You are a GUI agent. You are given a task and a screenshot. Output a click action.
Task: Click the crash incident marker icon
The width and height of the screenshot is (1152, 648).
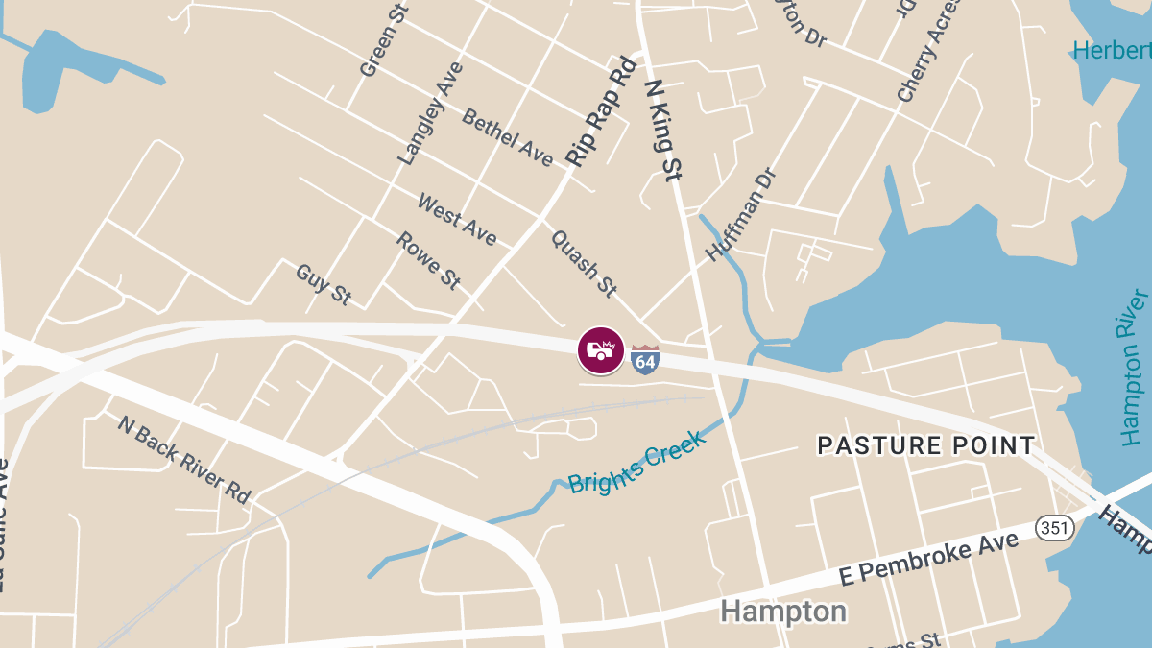(x=600, y=350)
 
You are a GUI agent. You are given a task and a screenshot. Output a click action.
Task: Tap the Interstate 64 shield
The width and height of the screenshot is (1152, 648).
(x=645, y=359)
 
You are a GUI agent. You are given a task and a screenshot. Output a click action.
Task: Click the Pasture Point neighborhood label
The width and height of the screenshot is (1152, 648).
(x=925, y=445)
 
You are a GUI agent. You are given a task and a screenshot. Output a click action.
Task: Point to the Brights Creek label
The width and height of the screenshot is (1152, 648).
(x=636, y=462)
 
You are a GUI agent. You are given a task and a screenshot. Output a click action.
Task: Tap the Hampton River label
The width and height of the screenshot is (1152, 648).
(x=1134, y=368)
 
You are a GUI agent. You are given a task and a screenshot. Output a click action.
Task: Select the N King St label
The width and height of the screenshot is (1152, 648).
(x=661, y=130)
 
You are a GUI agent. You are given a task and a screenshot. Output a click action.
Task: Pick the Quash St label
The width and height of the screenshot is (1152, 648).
(x=584, y=262)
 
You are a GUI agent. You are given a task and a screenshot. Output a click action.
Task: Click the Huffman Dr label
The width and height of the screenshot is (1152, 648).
(x=739, y=214)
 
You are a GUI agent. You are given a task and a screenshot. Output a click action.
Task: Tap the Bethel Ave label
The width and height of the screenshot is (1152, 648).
(x=508, y=136)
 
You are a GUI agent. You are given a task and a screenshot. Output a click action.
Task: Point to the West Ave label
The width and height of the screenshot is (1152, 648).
(x=457, y=219)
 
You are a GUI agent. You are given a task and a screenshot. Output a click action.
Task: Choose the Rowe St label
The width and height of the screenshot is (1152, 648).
(x=428, y=261)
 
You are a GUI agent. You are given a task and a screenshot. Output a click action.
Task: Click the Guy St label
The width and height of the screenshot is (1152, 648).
(x=323, y=285)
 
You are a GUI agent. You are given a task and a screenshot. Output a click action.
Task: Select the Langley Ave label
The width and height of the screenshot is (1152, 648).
(x=430, y=113)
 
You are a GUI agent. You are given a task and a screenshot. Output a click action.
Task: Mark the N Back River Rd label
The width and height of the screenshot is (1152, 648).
(x=183, y=460)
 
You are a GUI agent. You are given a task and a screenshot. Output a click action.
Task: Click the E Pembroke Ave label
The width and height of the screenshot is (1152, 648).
(x=928, y=559)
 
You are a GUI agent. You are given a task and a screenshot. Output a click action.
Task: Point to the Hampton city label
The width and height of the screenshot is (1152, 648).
(x=783, y=612)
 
